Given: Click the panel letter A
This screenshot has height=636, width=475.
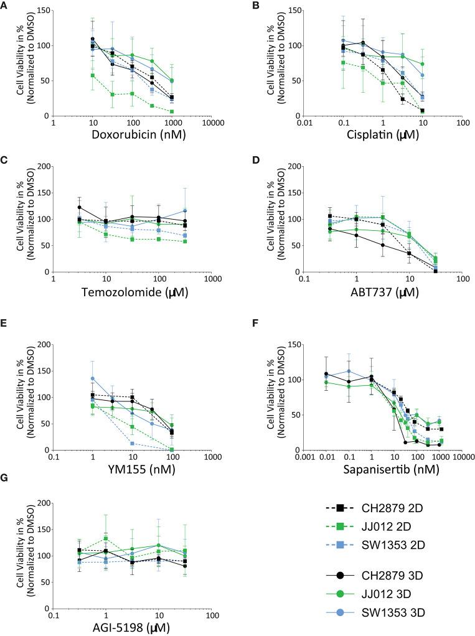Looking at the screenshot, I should [6, 6].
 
